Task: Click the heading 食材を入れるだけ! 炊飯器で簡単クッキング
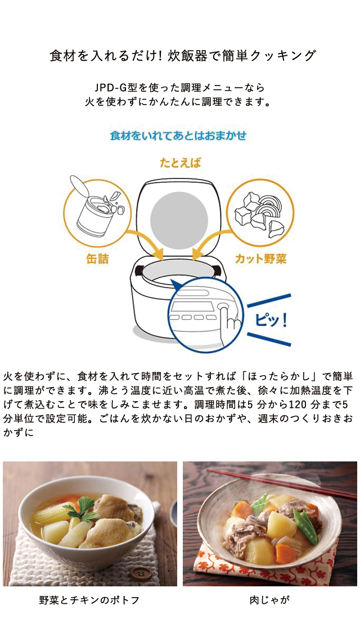[183, 56]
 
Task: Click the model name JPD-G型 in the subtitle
[117, 88]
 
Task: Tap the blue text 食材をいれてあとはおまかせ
[178, 136]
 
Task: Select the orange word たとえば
[180, 163]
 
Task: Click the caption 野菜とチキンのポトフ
[89, 600]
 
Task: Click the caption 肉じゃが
[269, 600]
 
